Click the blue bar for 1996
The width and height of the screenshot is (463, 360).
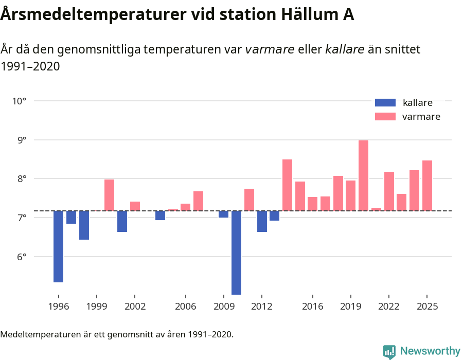click(58, 246)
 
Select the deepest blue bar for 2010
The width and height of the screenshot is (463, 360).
click(236, 253)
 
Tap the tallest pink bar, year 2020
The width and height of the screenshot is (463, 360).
click(363, 175)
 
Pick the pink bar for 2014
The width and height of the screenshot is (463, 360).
click(287, 185)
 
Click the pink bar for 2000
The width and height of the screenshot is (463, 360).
click(109, 195)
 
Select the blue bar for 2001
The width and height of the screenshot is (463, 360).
click(122, 221)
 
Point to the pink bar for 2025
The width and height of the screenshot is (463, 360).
click(427, 186)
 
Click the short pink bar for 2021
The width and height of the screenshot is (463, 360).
click(376, 209)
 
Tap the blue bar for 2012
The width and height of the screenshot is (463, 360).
click(262, 221)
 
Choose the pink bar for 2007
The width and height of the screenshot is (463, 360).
click(198, 201)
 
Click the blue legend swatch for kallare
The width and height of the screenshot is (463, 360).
click(385, 102)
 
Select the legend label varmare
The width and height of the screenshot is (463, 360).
click(421, 117)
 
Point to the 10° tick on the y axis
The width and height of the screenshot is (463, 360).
click(19, 101)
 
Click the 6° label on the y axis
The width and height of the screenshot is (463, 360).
click(19, 257)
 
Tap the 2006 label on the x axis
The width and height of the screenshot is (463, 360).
click(185, 307)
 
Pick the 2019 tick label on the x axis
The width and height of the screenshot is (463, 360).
click(350, 307)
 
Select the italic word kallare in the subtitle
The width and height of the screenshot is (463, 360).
click(345, 49)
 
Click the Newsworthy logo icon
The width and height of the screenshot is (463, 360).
click(389, 351)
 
